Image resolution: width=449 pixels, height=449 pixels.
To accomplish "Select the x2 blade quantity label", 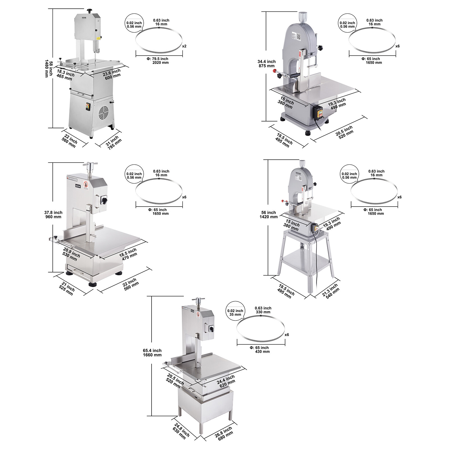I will tap(184, 46).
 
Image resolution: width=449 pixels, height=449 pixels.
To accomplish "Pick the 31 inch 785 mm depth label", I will tap(114, 143).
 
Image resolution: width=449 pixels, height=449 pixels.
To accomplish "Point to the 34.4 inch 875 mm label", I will tap(266, 64).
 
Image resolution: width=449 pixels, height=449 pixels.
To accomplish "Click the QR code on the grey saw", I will tap(298, 36).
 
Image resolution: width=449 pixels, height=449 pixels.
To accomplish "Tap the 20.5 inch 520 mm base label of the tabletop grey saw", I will tap(345, 132).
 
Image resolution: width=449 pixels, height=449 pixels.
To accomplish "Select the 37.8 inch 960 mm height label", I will tap(53, 215).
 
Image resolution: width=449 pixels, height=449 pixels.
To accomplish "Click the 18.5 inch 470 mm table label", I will tap(128, 254).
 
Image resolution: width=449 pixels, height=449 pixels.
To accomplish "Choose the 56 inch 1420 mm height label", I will tap(269, 215).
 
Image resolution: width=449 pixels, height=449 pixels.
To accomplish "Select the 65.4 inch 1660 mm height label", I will tap(152, 353).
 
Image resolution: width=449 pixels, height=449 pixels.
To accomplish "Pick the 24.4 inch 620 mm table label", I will tap(226, 381).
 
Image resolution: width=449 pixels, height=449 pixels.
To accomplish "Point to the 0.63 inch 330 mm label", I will tap(263, 310).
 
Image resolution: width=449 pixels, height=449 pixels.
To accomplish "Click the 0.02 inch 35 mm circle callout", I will tap(235, 312).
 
